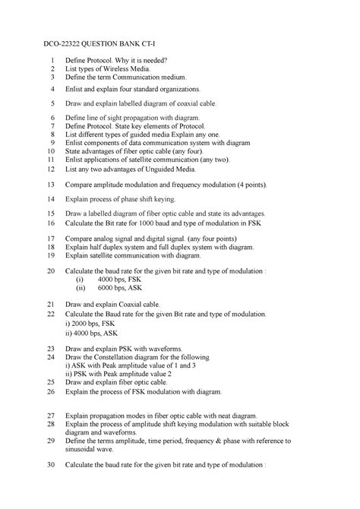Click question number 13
tap(51, 185)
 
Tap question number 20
tap(51, 270)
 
